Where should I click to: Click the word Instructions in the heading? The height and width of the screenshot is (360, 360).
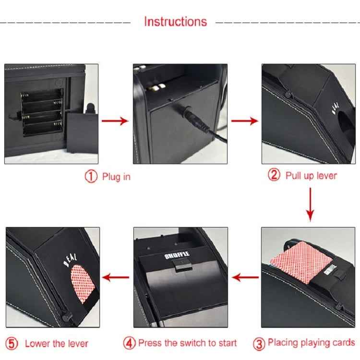pos(175,22)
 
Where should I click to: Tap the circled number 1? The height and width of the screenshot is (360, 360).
pos(91,177)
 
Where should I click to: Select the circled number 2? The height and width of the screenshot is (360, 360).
pos(274,175)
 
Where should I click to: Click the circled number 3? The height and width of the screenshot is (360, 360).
pos(259,343)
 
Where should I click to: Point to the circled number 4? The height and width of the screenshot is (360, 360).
pos(129,343)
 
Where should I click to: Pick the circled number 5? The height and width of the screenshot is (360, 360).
pos(13,343)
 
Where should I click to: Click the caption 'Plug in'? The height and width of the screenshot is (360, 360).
pos(116,177)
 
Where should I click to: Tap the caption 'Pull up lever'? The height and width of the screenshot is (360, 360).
pos(311,175)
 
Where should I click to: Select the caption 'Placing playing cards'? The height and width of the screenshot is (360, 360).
pos(311,343)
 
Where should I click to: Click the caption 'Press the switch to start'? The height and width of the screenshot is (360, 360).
pos(187,343)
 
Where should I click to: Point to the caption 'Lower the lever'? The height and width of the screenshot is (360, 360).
pos(57,343)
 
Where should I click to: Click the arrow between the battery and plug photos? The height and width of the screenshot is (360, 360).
pos(116,120)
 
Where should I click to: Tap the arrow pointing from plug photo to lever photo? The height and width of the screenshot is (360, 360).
pos(243,120)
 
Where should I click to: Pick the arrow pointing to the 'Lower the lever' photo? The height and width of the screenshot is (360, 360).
pos(117,276)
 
